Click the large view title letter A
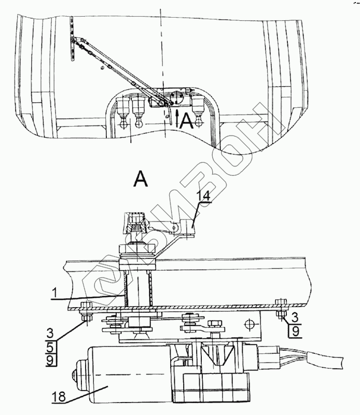141,179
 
